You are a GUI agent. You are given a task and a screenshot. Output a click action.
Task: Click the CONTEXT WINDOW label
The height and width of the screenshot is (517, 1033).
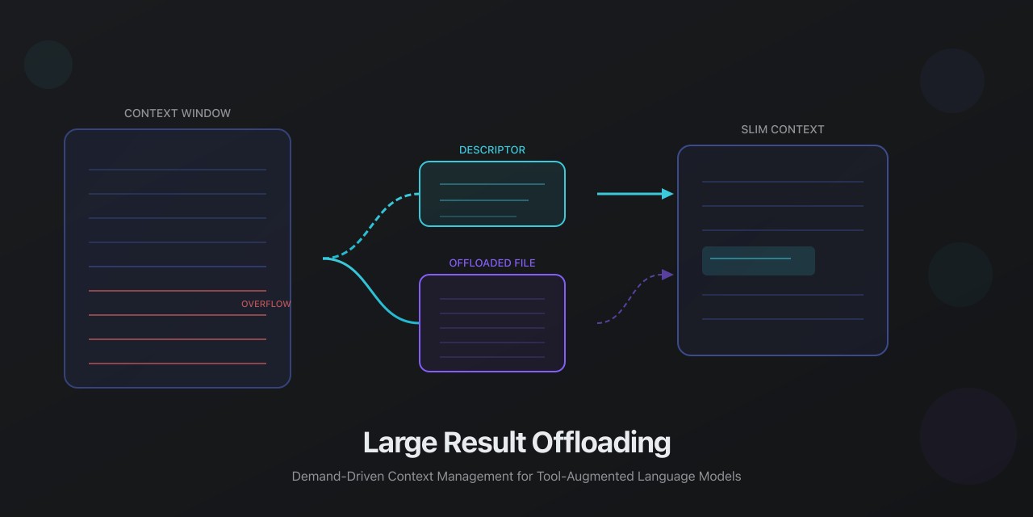(178, 113)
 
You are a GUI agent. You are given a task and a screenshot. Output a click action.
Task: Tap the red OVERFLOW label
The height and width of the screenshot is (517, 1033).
(266, 304)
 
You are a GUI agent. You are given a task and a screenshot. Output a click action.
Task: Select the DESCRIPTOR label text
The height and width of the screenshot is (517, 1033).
(492, 150)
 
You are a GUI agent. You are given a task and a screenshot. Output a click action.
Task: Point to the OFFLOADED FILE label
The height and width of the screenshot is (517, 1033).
(492, 263)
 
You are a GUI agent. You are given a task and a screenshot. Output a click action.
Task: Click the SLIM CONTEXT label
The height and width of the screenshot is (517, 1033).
(783, 129)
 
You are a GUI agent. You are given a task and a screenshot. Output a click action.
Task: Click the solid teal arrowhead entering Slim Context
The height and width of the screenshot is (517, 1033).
(667, 194)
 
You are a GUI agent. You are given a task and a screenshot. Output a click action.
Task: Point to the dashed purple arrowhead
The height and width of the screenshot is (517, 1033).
(667, 275)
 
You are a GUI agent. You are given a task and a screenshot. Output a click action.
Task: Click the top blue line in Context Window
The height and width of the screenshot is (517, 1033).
(178, 170)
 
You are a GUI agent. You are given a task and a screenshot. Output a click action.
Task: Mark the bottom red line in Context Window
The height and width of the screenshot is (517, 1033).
(178, 364)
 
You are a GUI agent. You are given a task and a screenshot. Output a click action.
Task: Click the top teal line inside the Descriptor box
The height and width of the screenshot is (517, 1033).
(492, 184)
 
